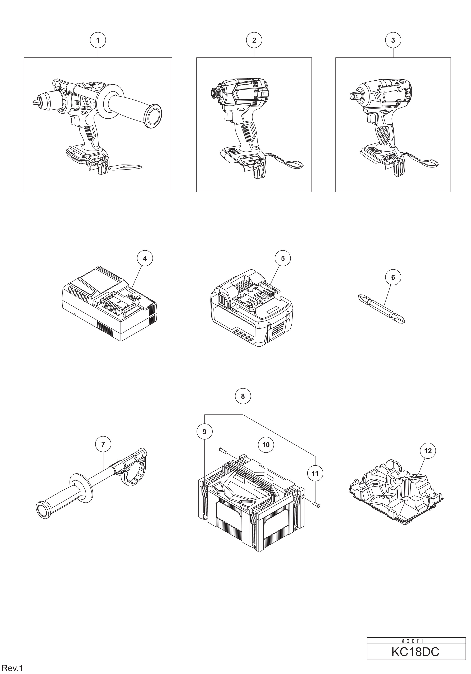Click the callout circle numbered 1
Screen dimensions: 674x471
coord(98,40)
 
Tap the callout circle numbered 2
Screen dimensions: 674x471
coord(254,40)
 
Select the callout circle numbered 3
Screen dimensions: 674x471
coord(393,40)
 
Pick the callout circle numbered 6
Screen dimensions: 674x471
coord(393,277)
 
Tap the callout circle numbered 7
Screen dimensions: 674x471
coord(103,444)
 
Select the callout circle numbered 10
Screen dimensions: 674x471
coord(266,445)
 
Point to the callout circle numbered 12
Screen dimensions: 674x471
coord(428,450)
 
